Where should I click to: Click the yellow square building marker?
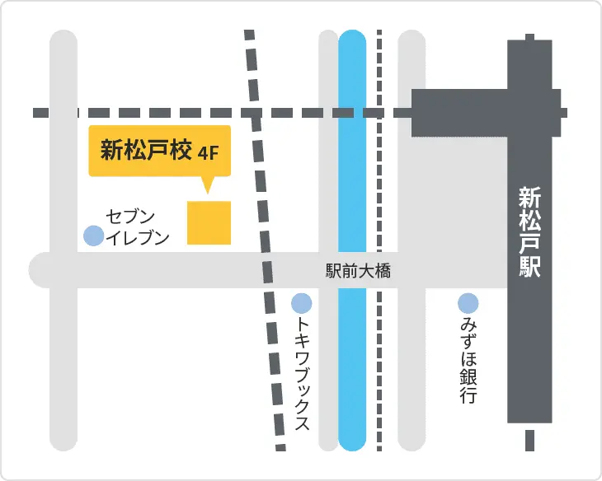(x=209, y=222)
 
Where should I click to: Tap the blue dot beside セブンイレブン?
(x=94, y=236)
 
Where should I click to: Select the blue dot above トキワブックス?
(x=302, y=303)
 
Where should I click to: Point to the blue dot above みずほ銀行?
(x=468, y=303)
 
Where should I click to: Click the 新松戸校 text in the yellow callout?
(x=147, y=151)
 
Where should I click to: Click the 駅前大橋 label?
(x=358, y=271)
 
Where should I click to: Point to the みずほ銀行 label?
(x=468, y=361)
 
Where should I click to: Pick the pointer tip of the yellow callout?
(x=207, y=192)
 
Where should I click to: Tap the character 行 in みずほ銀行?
(x=468, y=395)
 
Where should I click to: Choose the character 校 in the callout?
(x=182, y=151)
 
